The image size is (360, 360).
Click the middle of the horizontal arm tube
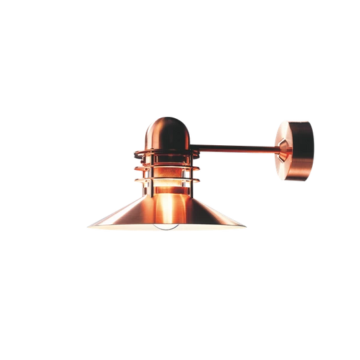tap(233, 144)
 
